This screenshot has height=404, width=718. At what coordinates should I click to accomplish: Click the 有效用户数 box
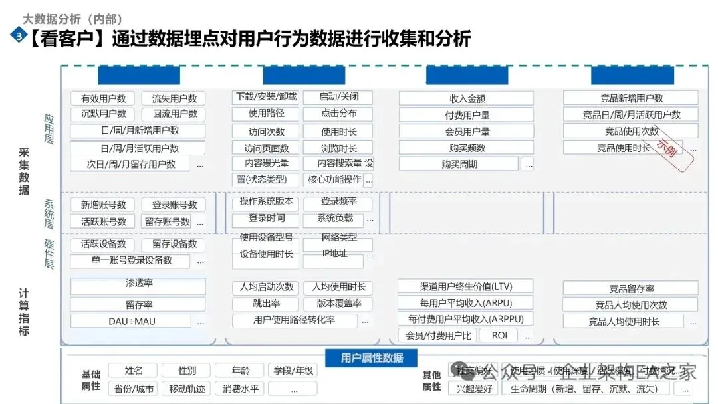[x=103, y=98]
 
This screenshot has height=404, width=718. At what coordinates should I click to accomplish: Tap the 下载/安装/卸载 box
[x=266, y=97]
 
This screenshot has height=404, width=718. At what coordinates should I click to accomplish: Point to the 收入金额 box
[x=467, y=98]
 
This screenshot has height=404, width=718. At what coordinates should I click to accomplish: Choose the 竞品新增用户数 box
[x=630, y=98]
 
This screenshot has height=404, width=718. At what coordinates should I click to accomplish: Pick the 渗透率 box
[x=138, y=284]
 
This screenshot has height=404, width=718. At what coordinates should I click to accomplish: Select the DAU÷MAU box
[x=131, y=321]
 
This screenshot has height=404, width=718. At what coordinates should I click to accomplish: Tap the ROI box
[x=499, y=336]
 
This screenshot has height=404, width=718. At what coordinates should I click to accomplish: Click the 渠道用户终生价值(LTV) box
[x=466, y=287]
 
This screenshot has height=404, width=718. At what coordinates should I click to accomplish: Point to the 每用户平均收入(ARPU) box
[x=466, y=303]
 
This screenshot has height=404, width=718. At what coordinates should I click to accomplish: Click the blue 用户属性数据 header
[x=372, y=358]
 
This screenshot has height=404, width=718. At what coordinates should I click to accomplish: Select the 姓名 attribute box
[x=134, y=371]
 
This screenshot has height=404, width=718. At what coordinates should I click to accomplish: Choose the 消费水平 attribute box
[x=240, y=389]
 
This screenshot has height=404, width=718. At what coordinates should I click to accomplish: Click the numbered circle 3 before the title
[x=18, y=37]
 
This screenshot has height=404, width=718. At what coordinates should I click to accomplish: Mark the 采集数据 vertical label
[x=24, y=171]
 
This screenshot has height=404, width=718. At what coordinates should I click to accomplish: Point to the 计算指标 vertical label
[x=24, y=312]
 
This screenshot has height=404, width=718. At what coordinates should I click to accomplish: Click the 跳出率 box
[x=266, y=304]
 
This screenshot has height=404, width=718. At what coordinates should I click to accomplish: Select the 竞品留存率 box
[x=630, y=288]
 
